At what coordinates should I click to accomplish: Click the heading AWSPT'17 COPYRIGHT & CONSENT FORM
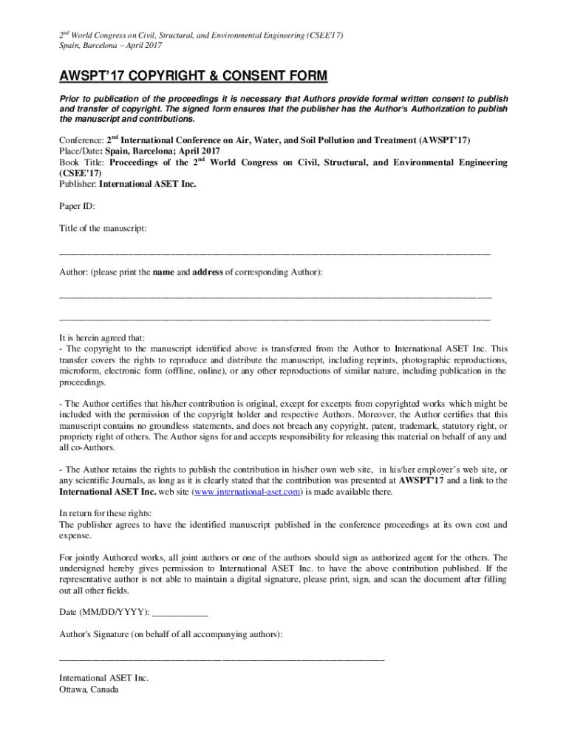pos(193,77)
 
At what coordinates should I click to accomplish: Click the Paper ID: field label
pos(77,207)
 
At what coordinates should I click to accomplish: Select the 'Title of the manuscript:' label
pos(103,229)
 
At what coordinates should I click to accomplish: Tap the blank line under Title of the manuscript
pos(274,253)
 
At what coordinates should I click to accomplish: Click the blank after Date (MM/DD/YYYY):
pos(180,613)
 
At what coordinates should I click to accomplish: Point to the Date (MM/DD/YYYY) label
pos(103,612)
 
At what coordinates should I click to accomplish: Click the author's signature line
pos(222,658)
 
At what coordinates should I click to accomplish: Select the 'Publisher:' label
pos(78,185)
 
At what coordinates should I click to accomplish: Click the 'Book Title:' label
pos(83,162)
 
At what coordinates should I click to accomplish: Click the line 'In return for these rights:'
pos(106,513)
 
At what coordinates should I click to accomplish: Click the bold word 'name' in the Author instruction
pos(163,272)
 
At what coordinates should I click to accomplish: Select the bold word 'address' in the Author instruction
pos(208,272)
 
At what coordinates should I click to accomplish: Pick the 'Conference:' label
pos(81,140)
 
